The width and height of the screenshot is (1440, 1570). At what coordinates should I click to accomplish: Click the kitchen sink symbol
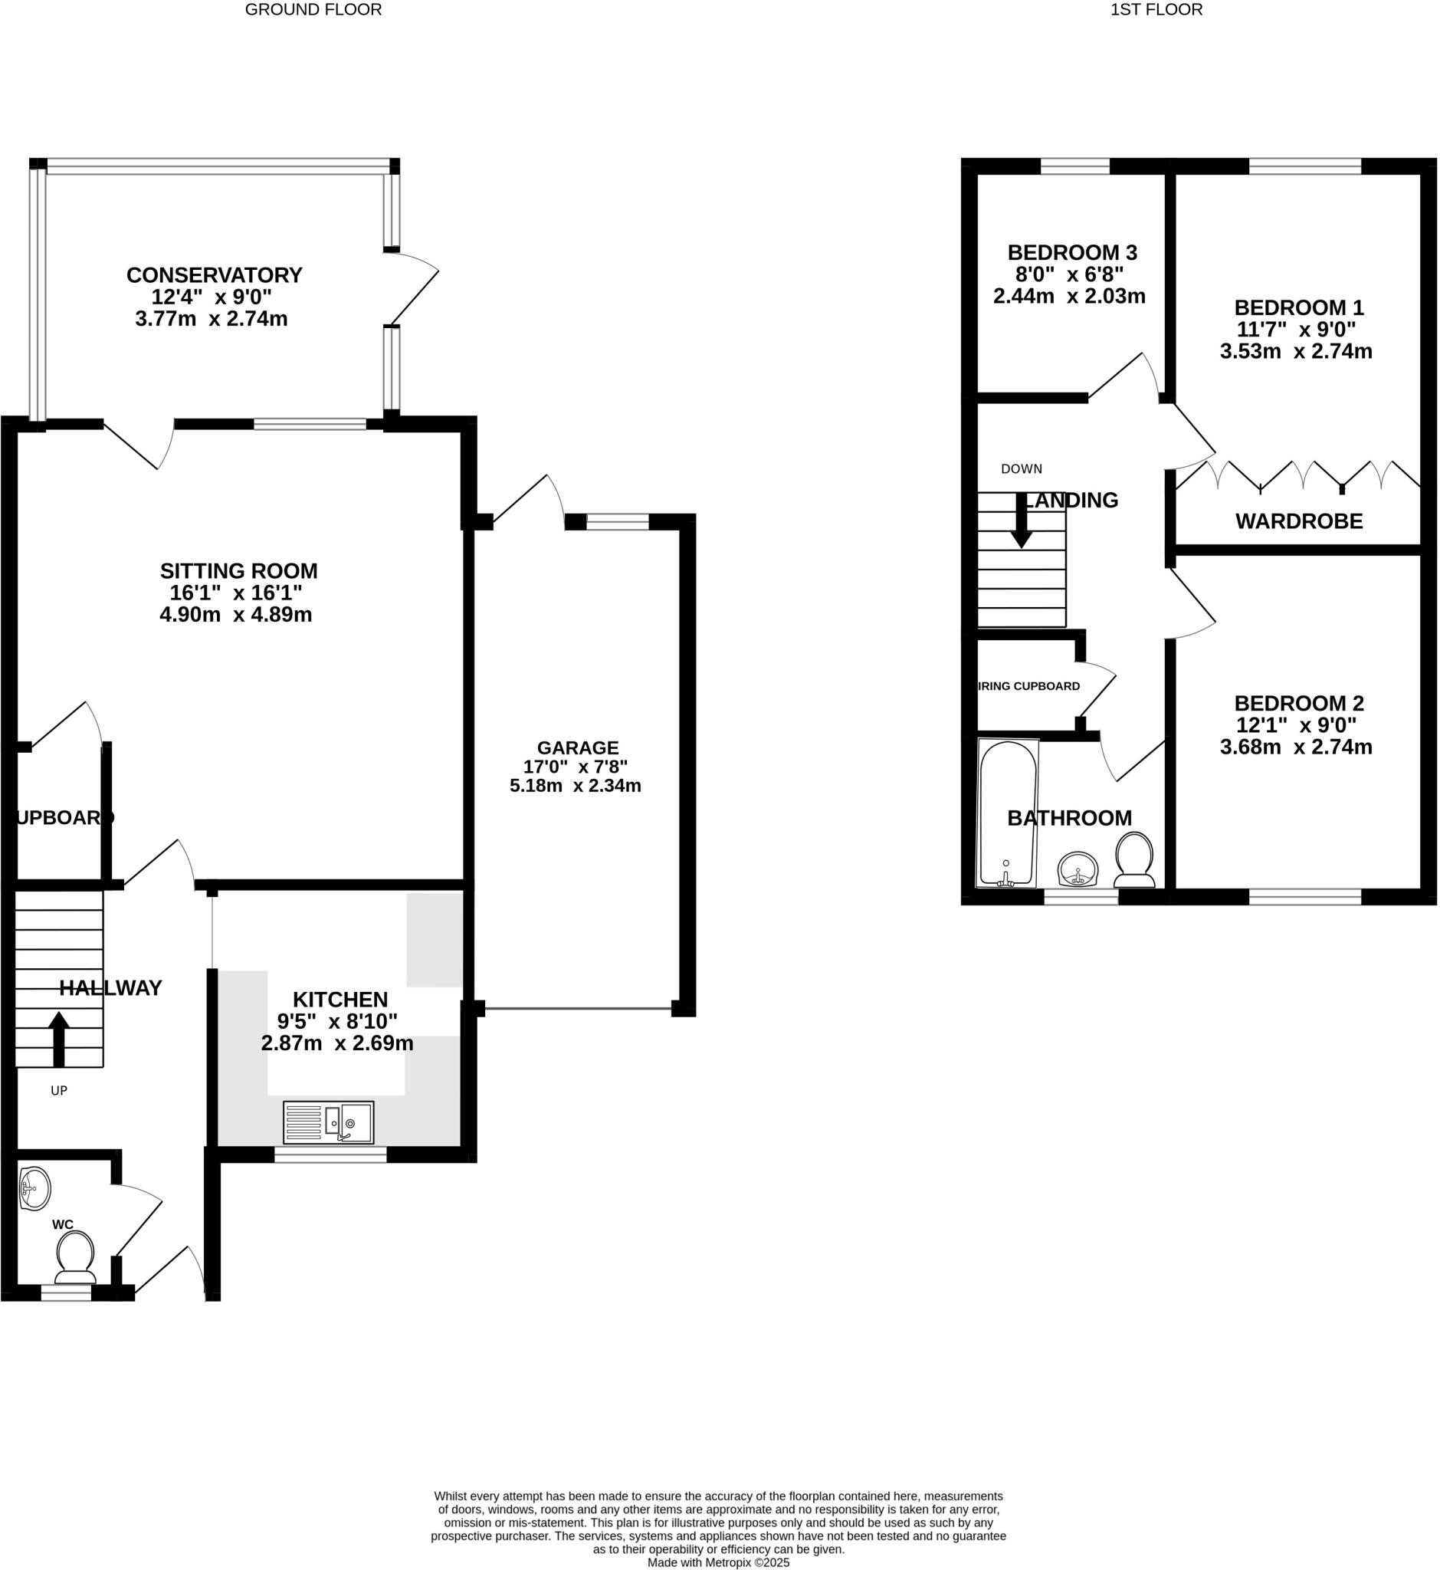click(328, 1122)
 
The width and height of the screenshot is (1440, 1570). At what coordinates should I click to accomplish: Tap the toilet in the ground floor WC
click(76, 1259)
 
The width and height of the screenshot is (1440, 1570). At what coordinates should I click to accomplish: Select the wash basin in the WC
click(34, 1190)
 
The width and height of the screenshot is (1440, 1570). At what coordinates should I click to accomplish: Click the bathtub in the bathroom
click(1007, 814)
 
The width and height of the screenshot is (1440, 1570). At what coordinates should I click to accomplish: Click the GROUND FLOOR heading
click(313, 10)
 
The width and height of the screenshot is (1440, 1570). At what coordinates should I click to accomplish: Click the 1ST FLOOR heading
click(1156, 10)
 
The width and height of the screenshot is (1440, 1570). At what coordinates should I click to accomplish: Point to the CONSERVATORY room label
click(215, 275)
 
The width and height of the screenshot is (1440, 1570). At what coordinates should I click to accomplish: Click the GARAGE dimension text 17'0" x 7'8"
click(575, 767)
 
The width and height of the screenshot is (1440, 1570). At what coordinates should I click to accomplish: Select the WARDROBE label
click(1298, 521)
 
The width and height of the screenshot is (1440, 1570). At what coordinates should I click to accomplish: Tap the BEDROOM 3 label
click(1071, 252)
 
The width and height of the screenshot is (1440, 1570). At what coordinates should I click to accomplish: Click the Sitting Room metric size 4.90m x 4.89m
click(235, 615)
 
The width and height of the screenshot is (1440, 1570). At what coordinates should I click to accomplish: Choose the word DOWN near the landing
click(1021, 469)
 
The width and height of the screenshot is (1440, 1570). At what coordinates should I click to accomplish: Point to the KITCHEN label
click(339, 1000)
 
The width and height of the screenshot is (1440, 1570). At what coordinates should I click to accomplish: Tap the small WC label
click(62, 1225)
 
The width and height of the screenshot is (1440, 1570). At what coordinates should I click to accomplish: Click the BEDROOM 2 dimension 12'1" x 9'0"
click(1298, 725)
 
